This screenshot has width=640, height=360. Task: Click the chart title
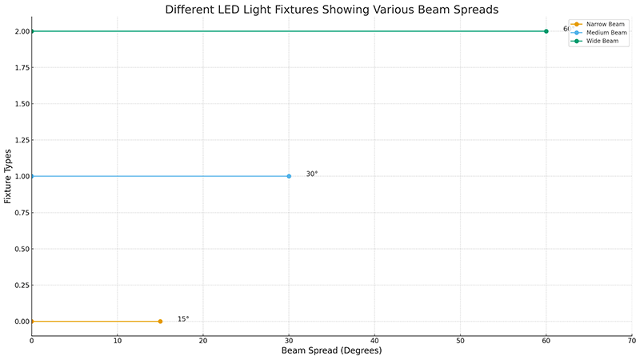[x=332, y=10]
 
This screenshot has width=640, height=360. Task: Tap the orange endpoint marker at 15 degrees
[x=160, y=322]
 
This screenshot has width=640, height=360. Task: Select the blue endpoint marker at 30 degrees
[x=289, y=176]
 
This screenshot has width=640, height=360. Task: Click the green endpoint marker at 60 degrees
[x=546, y=31]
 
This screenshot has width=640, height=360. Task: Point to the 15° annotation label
[x=183, y=319]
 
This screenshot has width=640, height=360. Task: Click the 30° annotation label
[x=312, y=174]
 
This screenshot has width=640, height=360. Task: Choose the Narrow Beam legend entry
[x=604, y=24]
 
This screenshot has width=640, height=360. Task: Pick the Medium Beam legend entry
[x=606, y=33]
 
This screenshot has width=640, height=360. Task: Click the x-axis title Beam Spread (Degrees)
[x=332, y=351]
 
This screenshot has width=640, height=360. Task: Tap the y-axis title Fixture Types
[x=8, y=176]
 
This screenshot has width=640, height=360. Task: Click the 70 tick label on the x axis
[x=632, y=342]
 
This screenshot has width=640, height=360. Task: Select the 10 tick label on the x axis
[x=118, y=342]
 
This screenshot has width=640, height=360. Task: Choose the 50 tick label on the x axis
[x=461, y=342]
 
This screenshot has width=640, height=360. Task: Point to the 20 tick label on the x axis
[x=203, y=342]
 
